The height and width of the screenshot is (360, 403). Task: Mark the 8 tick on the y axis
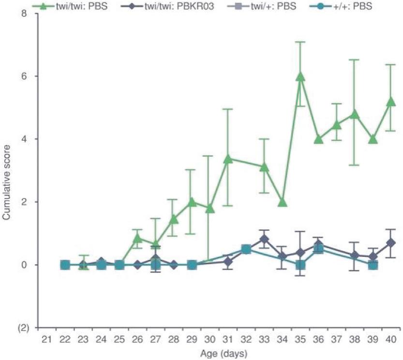tap(30, 14)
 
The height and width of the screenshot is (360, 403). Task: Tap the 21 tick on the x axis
tap(47, 339)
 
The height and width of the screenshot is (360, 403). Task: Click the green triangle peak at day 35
tap(300, 76)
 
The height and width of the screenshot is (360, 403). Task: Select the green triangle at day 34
tap(283, 202)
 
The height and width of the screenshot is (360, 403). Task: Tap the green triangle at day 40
tap(391, 102)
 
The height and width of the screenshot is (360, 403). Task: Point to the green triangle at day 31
tap(228, 159)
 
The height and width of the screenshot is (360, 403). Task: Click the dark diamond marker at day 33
tap(264, 239)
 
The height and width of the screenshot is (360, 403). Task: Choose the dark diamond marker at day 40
tap(391, 242)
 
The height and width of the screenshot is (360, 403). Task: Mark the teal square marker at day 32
tap(246, 249)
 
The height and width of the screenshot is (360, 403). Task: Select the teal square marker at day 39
tap(373, 265)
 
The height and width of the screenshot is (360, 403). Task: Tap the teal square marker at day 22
tap(65, 265)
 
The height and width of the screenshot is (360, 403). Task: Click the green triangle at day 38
tap(355, 114)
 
